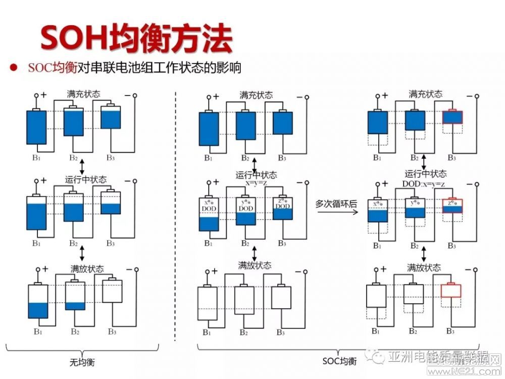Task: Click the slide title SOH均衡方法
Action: click(x=136, y=38)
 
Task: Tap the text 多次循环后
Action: click(x=336, y=204)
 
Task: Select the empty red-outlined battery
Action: click(x=451, y=290)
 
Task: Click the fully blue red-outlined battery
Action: click(x=452, y=117)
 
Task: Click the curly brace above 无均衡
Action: click(x=82, y=349)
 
